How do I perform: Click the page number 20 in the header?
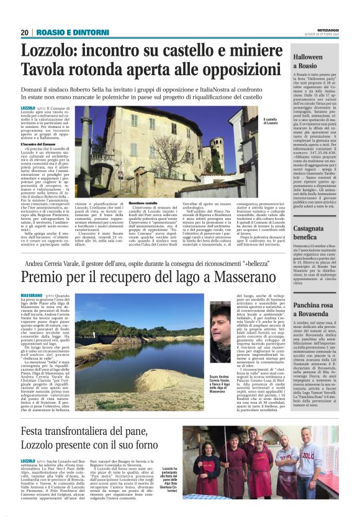pyautogui.click(x=25, y=32)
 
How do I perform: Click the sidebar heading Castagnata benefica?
pyautogui.click(x=313, y=233)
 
